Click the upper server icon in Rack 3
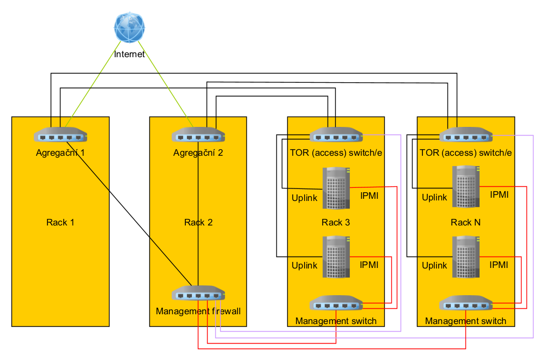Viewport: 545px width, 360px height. pyautogui.click(x=336, y=188)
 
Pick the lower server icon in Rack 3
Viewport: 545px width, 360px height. pyautogui.click(x=336, y=257)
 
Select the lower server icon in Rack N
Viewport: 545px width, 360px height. pyautogui.click(x=466, y=257)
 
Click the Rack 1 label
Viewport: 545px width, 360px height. pyautogui.click(x=60, y=222)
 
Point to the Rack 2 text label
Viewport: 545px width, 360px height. pyautogui.click(x=198, y=222)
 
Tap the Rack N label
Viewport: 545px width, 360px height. pyautogui.click(x=465, y=222)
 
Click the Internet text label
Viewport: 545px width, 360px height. pyautogui.click(x=130, y=54)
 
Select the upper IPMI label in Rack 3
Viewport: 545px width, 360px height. pyautogui.click(x=370, y=195)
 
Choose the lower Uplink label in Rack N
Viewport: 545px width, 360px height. pyautogui.click(x=434, y=266)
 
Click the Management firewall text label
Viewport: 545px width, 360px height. pyautogui.click(x=198, y=312)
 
